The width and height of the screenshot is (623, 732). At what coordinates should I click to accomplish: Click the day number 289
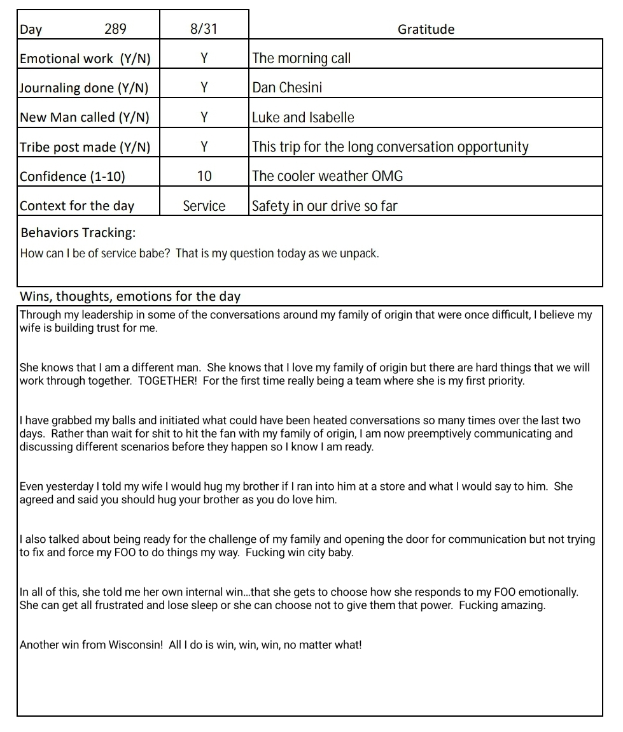[x=115, y=29]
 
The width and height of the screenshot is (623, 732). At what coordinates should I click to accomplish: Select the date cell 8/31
[x=204, y=29]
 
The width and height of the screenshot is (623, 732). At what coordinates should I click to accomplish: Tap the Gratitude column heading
[x=426, y=29]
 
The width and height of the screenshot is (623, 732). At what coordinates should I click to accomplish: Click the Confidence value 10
[x=204, y=176]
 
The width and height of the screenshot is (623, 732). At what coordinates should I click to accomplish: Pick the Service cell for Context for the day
[x=204, y=206]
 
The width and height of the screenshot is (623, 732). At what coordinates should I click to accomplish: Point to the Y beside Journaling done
[x=204, y=88]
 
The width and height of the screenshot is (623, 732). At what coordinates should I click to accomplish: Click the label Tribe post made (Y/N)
[x=85, y=147]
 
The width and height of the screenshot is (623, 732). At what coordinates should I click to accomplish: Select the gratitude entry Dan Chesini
[x=287, y=88]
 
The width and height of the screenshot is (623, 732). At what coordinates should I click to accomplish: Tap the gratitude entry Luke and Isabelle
[x=303, y=118]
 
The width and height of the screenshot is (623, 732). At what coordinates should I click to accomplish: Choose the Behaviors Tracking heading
[x=78, y=233]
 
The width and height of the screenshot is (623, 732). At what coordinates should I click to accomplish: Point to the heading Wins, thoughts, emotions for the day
[x=130, y=296]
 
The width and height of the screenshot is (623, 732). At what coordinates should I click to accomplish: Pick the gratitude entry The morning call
[x=302, y=59]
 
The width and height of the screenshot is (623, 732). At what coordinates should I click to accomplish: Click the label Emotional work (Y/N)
[x=85, y=59]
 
